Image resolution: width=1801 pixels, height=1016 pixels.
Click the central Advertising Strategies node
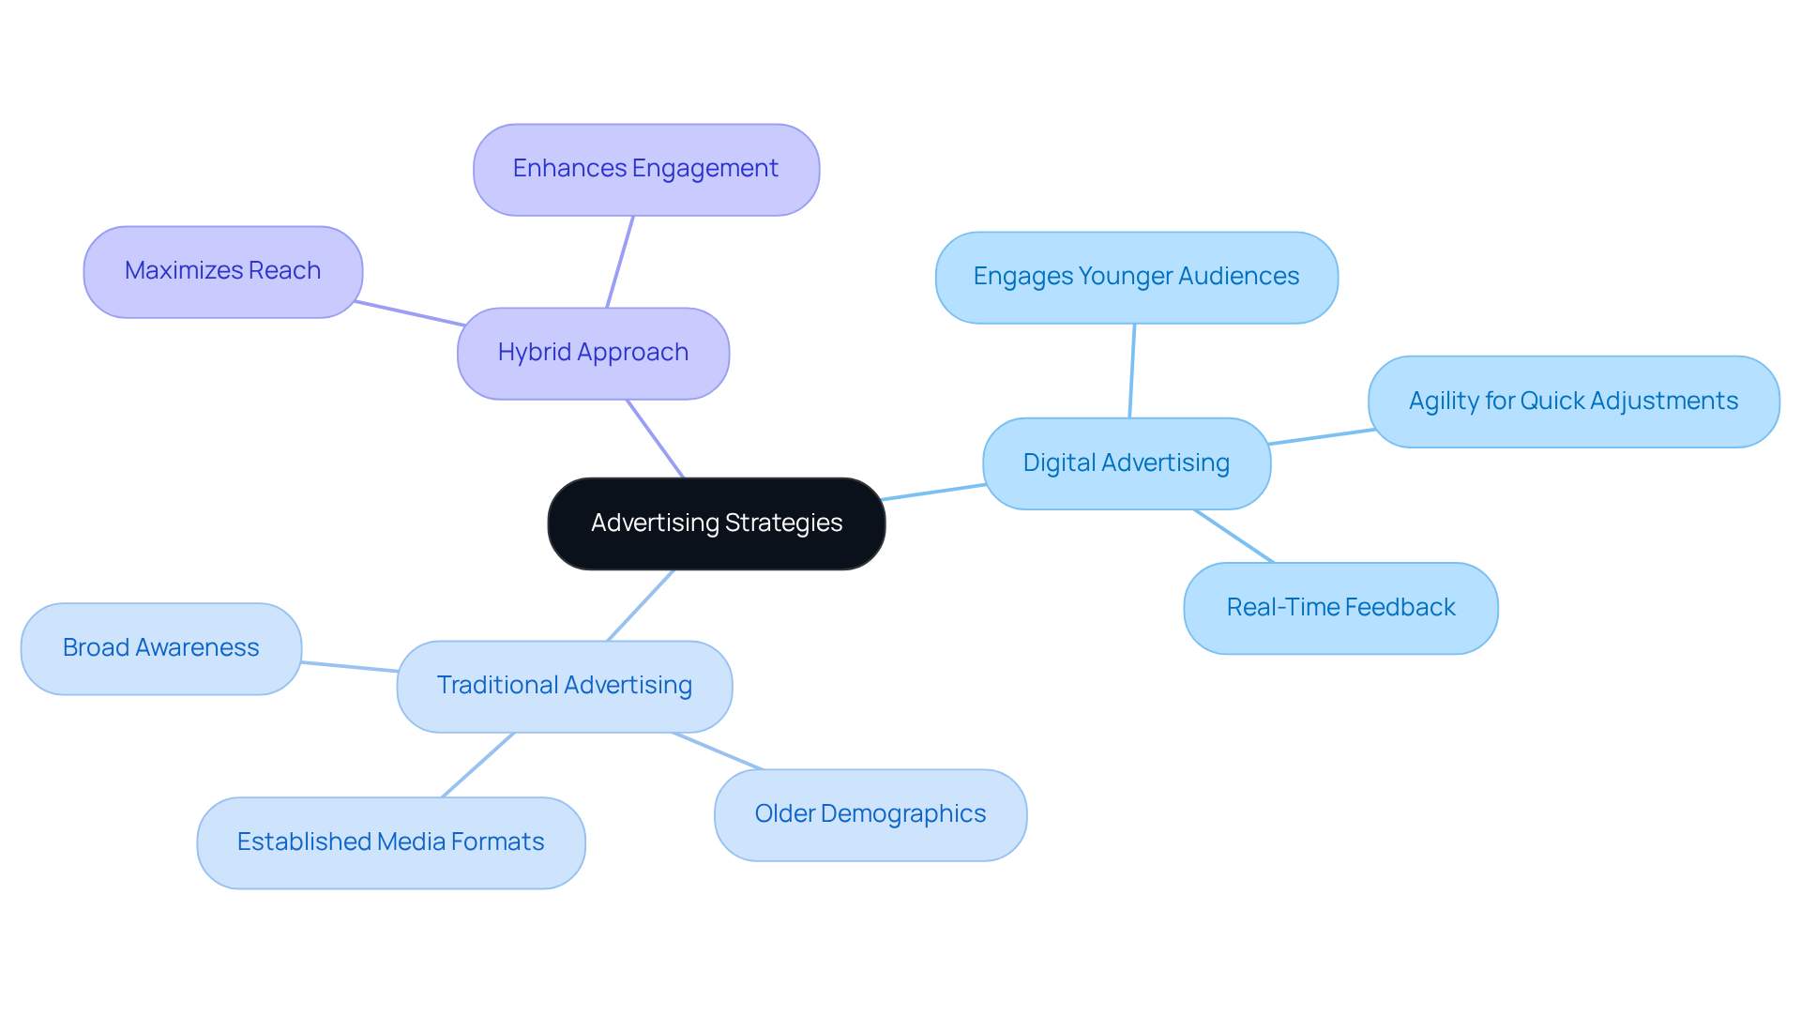[x=716, y=523]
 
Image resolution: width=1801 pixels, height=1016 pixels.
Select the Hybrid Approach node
[x=593, y=353]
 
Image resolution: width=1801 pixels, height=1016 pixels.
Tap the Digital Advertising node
[x=1126, y=463]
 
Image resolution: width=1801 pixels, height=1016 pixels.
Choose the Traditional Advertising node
[x=564, y=686]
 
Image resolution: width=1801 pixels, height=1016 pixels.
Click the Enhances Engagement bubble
[x=645, y=169]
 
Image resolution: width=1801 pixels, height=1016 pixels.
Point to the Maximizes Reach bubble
[x=222, y=271]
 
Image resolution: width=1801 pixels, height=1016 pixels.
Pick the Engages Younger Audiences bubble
[x=1136, y=277]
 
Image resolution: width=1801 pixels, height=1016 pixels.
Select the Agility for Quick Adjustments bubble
[x=1573, y=402]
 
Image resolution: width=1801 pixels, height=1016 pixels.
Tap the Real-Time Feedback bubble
[x=1340, y=608]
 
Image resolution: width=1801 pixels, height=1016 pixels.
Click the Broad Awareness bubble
[x=160, y=648]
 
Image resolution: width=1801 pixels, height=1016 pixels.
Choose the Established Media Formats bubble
[x=390, y=842]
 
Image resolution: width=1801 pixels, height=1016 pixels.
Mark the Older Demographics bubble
[x=870, y=814]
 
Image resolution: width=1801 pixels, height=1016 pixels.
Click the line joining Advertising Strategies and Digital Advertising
[x=933, y=492]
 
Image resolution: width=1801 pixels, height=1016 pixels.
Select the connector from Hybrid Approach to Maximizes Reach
[x=410, y=313]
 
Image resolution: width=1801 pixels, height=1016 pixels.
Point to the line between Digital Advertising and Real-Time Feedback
[x=1233, y=537]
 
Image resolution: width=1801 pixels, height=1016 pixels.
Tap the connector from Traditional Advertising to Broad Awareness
[x=349, y=666]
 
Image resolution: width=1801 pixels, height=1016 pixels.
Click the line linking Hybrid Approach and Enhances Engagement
[x=620, y=262]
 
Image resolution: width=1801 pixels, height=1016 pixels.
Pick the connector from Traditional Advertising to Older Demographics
[x=718, y=751]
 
